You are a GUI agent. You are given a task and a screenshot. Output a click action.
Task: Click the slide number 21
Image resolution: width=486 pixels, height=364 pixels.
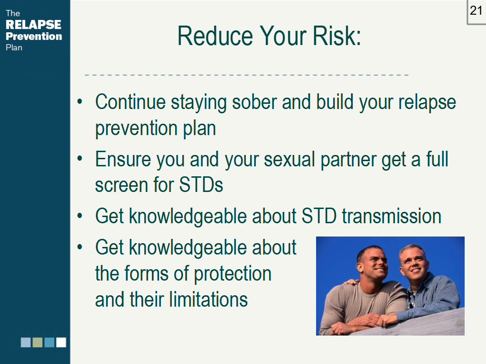pyautogui.click(x=476, y=10)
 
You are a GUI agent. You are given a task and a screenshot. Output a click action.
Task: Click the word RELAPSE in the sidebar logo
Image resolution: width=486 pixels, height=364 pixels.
pyautogui.click(x=33, y=25)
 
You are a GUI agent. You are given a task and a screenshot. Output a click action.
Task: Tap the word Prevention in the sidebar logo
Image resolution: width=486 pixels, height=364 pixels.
pyautogui.click(x=33, y=36)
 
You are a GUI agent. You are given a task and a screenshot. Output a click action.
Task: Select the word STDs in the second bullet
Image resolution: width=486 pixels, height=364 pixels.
pyautogui.click(x=201, y=185)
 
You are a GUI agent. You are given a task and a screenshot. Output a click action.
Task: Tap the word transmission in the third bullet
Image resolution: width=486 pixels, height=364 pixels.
pyautogui.click(x=391, y=216)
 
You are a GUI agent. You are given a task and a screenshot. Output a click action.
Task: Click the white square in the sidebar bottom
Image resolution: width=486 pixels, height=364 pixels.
pyautogui.click(x=61, y=342)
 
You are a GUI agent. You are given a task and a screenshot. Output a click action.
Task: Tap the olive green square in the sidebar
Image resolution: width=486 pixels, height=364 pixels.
pyautogui.click(x=37, y=342)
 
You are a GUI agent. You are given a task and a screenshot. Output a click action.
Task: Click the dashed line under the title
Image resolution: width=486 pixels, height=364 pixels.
pyautogui.click(x=246, y=75)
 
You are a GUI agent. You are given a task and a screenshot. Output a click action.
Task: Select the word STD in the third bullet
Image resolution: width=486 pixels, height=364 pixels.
pyautogui.click(x=319, y=216)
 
